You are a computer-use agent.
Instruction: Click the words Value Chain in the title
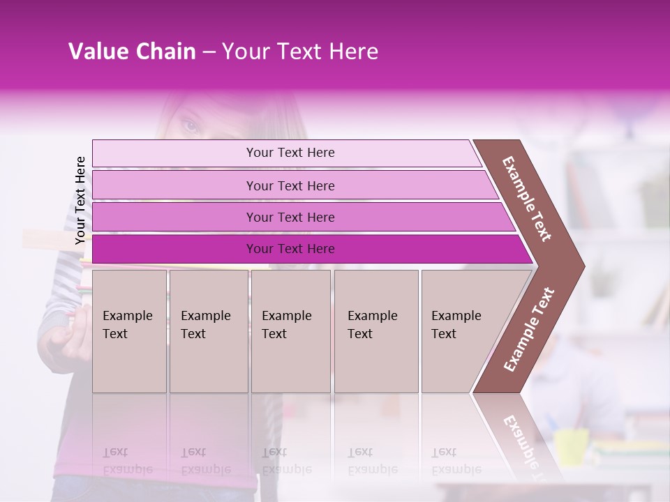pyautogui.click(x=132, y=52)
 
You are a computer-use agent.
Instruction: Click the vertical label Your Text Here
pyautogui.click(x=80, y=200)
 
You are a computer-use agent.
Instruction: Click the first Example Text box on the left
pyautogui.click(x=129, y=331)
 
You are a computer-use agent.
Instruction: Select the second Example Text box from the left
pyautogui.click(x=208, y=331)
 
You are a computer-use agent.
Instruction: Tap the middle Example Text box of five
pyautogui.click(x=290, y=331)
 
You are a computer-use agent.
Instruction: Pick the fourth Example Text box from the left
pyautogui.click(x=376, y=331)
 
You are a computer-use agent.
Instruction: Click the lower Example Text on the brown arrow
pyautogui.click(x=529, y=330)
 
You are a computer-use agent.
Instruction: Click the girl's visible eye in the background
pyautogui.click(x=190, y=126)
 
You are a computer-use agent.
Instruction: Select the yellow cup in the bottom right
pyautogui.click(x=572, y=447)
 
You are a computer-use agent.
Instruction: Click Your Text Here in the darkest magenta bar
pyautogui.click(x=290, y=249)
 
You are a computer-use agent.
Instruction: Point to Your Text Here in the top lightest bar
pyautogui.click(x=290, y=153)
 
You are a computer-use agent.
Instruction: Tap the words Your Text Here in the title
pyautogui.click(x=300, y=52)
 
